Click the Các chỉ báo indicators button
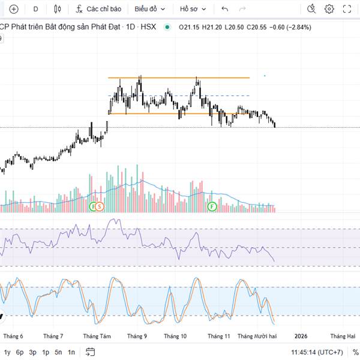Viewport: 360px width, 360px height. click(x=99, y=9)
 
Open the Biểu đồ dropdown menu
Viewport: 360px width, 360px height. click(x=149, y=9)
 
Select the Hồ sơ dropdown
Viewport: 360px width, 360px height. click(x=193, y=9)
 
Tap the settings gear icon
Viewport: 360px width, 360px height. click(x=329, y=9)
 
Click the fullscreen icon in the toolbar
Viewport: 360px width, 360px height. click(x=347, y=9)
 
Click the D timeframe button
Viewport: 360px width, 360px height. click(x=35, y=9)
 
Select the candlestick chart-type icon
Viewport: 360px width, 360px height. click(x=58, y=9)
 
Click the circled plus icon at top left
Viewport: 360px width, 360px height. click(x=14, y=9)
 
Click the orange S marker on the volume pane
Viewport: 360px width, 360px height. click(x=100, y=206)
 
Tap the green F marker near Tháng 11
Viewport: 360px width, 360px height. click(x=212, y=206)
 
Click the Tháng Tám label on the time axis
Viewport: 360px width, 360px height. click(x=97, y=337)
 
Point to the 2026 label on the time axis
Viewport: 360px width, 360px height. click(x=301, y=337)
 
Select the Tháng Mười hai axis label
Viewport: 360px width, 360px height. click(x=257, y=337)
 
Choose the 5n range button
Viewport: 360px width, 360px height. click(x=58, y=352)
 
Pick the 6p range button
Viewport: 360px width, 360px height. click(x=20, y=352)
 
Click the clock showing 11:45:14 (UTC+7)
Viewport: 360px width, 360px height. click(x=317, y=352)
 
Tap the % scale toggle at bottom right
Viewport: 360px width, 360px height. click(x=355, y=352)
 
